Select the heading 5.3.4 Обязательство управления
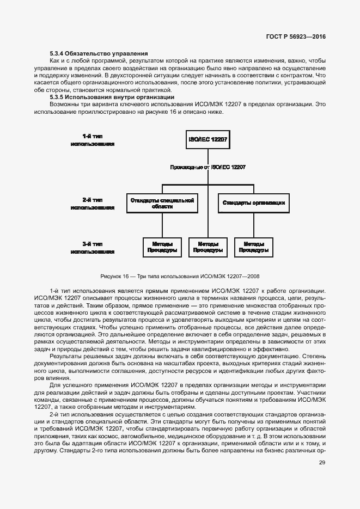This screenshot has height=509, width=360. click(x=99, y=53)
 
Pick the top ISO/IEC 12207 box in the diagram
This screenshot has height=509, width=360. click(x=208, y=139)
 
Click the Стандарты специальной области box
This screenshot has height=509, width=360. click(x=162, y=204)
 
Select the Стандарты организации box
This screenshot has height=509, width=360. click(x=253, y=203)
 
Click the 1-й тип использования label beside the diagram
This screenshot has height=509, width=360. click(x=92, y=140)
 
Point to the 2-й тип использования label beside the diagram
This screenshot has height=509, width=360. click(x=92, y=204)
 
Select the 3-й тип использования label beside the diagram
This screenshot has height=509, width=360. click(x=92, y=248)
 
